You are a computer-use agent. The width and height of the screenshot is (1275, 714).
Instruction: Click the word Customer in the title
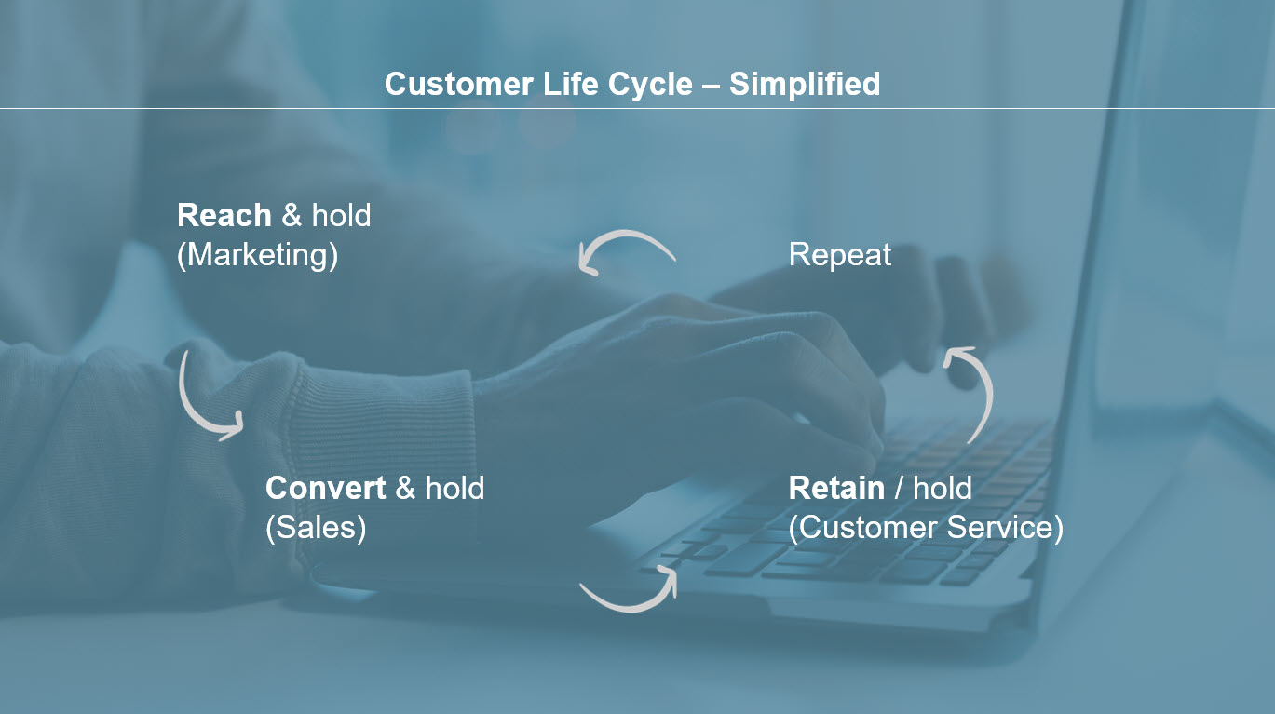459,84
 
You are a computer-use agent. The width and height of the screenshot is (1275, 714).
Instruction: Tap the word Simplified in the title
805,84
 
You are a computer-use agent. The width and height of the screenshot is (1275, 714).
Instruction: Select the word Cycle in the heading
650,84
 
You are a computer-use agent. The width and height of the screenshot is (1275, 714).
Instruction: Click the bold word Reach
224,215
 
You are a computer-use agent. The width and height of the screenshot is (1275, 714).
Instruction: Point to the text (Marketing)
257,255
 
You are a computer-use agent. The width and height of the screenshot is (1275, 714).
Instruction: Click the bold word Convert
326,488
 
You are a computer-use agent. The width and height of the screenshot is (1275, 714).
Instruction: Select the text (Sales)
316,528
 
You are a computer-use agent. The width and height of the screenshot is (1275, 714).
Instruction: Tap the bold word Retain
836,488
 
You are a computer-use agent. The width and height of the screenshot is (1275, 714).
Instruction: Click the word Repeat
839,255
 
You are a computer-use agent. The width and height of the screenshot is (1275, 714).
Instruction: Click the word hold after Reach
341,215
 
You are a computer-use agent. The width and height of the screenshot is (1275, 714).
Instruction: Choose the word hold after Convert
454,488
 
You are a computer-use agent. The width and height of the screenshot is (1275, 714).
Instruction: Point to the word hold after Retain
943,488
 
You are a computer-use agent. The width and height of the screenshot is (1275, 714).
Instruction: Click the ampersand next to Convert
405,488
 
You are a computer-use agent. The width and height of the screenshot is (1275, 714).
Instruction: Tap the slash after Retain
899,488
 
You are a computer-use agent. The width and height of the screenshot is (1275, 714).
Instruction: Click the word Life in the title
570,84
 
